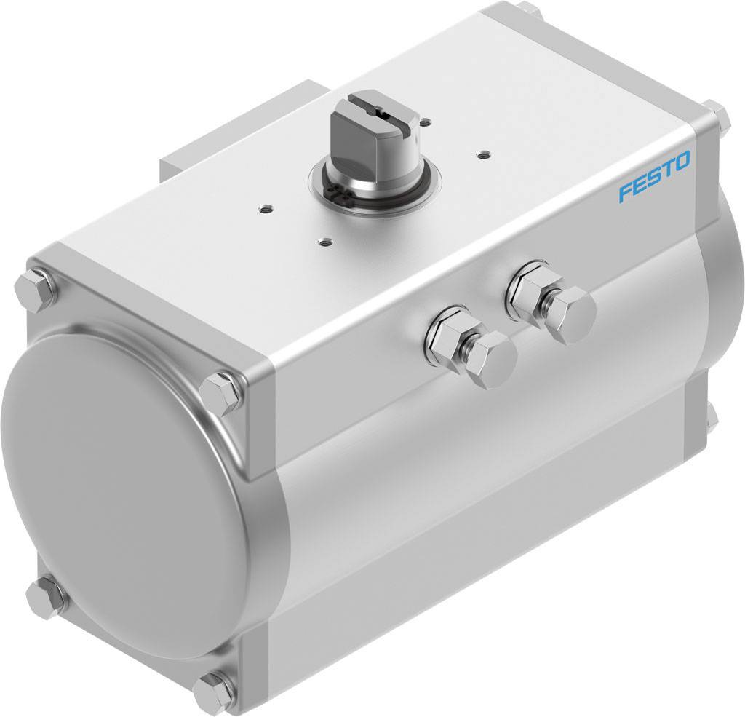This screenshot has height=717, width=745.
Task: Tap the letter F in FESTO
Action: coord(625,193)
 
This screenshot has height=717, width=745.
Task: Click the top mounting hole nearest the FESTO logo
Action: coord(482,153)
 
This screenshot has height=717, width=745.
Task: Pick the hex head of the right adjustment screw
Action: coord(571,313)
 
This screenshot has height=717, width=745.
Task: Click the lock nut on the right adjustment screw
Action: coord(530,286)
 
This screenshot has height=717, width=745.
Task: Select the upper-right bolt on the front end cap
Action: coord(221,391)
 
